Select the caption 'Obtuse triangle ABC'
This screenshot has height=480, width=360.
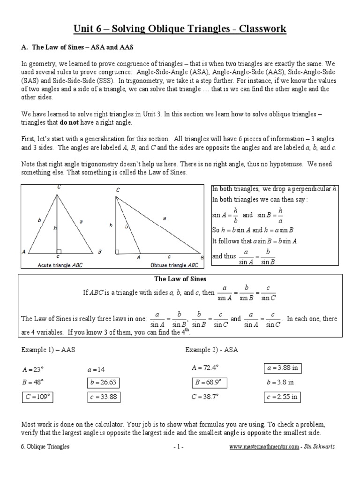[174, 265]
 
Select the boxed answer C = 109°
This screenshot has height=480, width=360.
[37, 397]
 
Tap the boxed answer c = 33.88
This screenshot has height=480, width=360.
[103, 397]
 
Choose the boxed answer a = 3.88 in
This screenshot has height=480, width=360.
[282, 368]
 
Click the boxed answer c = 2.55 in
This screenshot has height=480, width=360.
[282, 397]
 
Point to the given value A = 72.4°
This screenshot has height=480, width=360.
[207, 368]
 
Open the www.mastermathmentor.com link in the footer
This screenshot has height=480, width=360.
[264, 447]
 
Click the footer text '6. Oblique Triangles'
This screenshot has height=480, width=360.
[45, 447]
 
